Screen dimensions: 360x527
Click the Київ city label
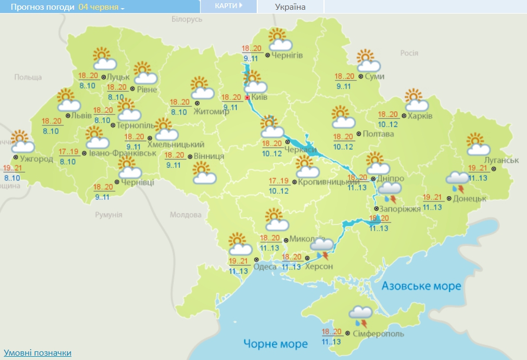tap(259, 98)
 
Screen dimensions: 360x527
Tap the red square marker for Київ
tap(247, 98)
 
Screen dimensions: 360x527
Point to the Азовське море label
tap(421, 286)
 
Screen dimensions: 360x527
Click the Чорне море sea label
tap(275, 343)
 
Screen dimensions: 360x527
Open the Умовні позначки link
tap(37, 353)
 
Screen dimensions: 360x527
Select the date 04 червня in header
tap(101, 7)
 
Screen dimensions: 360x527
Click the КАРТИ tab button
tap(228, 6)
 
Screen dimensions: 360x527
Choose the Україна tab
tap(290, 7)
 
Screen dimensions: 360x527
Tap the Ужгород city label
tap(36, 159)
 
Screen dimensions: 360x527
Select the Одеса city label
tap(265, 266)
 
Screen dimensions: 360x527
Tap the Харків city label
tap(420, 116)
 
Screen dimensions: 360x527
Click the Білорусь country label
tap(187, 20)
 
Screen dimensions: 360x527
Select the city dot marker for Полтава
tap(359, 134)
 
